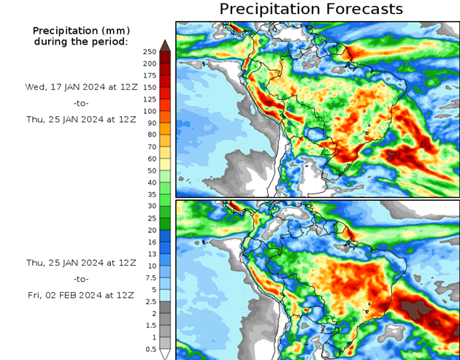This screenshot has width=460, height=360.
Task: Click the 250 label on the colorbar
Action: (x=149, y=51)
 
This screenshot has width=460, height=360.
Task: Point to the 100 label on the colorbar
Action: (x=149, y=111)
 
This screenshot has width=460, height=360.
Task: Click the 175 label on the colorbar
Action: (x=149, y=75)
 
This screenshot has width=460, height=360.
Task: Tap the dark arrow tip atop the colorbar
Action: (x=166, y=45)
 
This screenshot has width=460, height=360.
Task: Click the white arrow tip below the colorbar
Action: (x=166, y=354)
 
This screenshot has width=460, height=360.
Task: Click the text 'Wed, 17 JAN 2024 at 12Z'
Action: (x=80, y=86)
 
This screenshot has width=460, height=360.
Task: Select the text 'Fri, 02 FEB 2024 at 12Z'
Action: (x=80, y=294)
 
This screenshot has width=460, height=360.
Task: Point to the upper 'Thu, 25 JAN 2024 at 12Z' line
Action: (x=80, y=118)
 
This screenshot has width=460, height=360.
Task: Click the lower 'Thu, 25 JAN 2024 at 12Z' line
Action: (x=80, y=262)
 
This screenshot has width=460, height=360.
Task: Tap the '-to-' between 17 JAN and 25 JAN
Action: (x=80, y=102)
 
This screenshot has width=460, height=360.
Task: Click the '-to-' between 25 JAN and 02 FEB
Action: (x=80, y=278)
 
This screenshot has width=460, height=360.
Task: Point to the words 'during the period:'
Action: (x=80, y=41)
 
